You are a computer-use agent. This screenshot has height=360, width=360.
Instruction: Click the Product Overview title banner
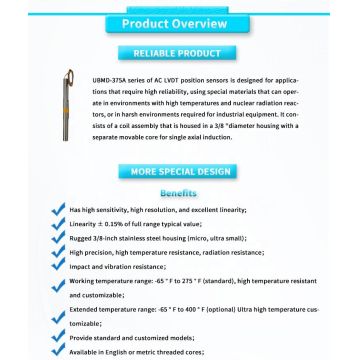pyautogui.click(x=179, y=23)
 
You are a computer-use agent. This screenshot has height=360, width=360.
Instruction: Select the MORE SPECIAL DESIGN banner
pyautogui.click(x=180, y=172)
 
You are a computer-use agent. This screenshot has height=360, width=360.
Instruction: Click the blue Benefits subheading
pyautogui.click(x=179, y=192)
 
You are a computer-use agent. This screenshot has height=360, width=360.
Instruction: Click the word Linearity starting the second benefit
pyautogui.click(x=82, y=226)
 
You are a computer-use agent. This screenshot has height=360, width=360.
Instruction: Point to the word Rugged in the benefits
pyautogui.click(x=80, y=240)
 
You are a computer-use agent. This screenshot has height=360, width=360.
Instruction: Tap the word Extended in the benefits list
pyautogui.click(x=83, y=313)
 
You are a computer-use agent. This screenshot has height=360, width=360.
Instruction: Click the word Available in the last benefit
pyautogui.click(x=84, y=354)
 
